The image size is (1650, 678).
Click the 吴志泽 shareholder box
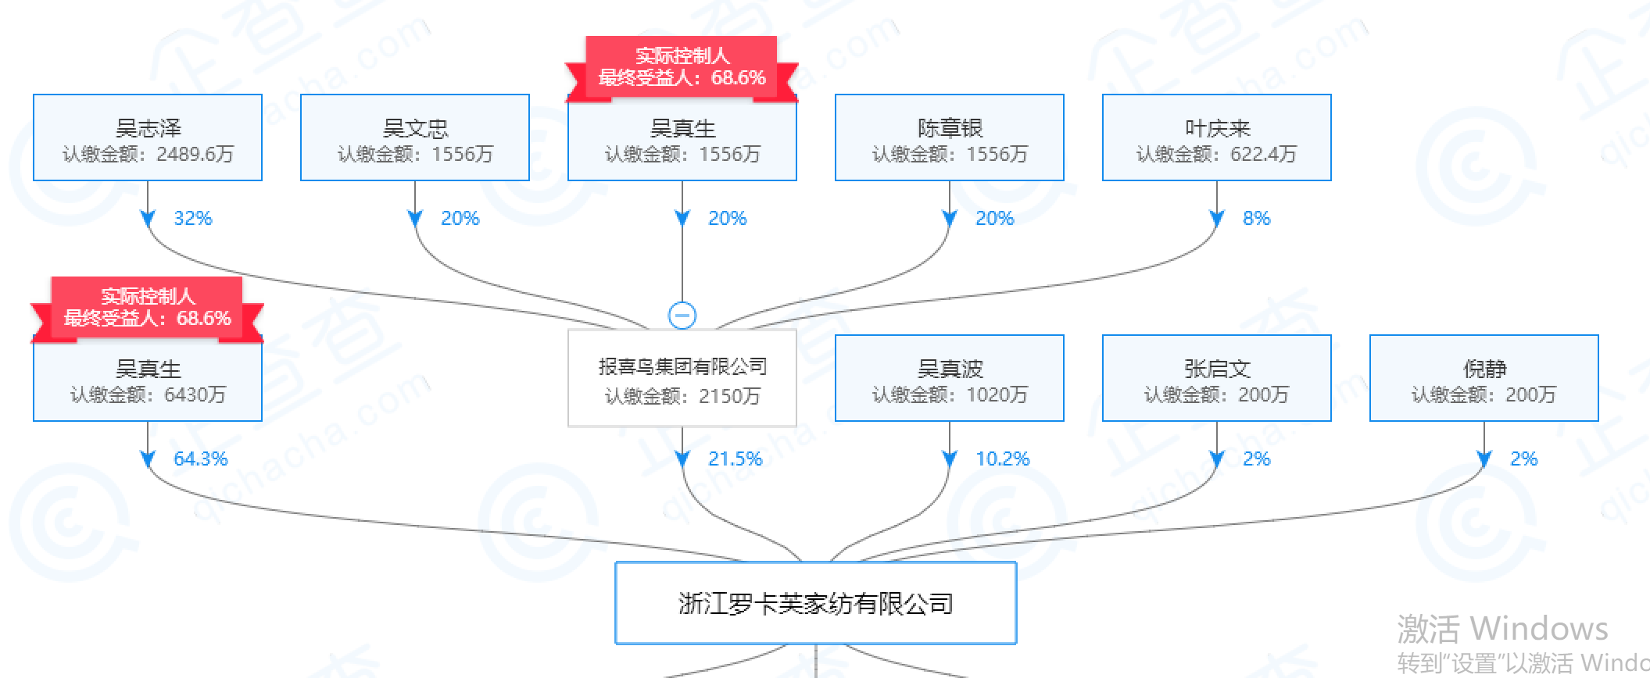point(148,138)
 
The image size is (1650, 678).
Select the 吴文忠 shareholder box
point(415,138)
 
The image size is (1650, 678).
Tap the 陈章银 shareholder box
point(950,138)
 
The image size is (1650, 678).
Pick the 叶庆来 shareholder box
point(1217,138)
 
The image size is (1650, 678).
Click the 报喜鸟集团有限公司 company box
point(682,379)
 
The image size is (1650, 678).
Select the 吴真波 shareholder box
point(950,379)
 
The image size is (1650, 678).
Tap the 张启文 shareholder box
point(1217,379)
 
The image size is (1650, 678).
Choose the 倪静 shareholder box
point(1484,379)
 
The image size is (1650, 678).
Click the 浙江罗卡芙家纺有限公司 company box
point(816,603)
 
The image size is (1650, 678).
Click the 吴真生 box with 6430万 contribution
point(148,379)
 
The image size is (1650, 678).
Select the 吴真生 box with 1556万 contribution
point(682,138)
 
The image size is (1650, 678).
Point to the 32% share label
point(193,218)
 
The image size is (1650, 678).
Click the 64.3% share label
point(200,459)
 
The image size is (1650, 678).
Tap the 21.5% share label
point(735,459)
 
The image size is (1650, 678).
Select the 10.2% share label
point(1002,459)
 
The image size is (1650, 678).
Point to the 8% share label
point(1256,218)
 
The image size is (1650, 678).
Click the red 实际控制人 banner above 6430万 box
point(148,308)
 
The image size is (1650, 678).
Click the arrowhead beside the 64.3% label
point(148,459)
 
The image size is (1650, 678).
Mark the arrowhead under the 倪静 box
point(1484,459)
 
